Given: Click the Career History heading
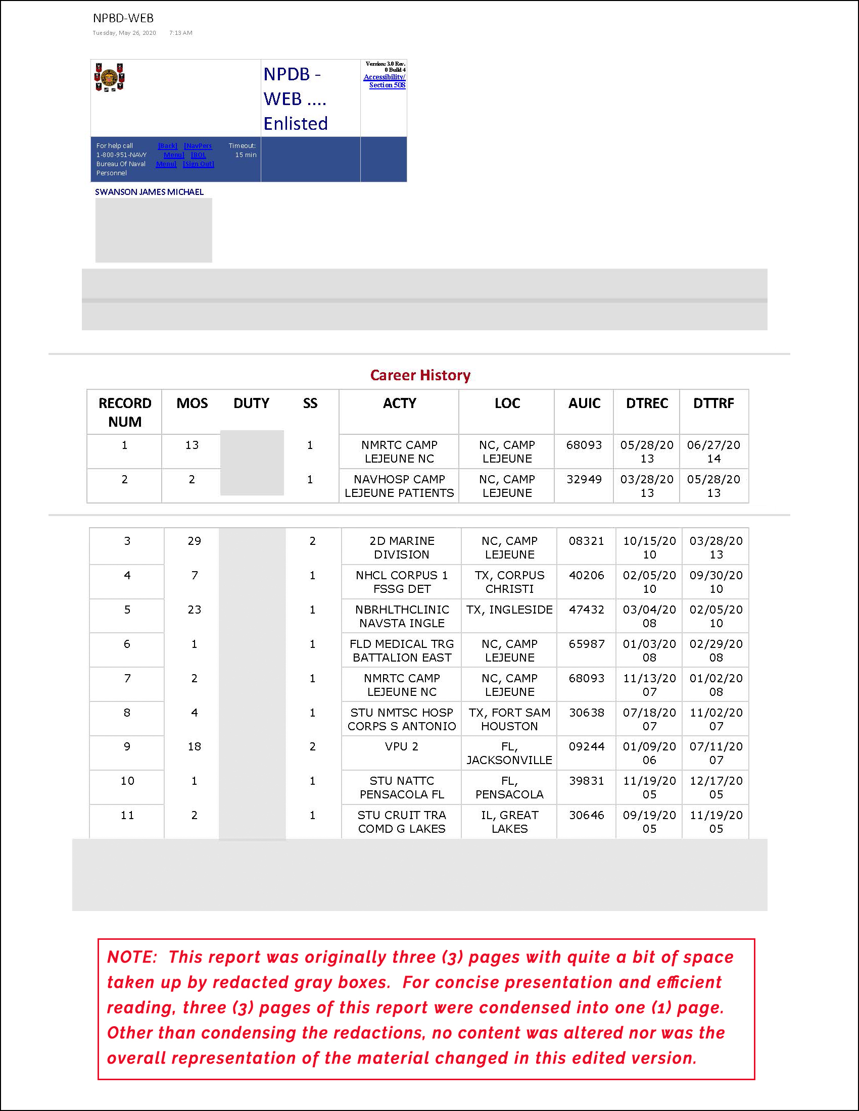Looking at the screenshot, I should pyautogui.click(x=420, y=375).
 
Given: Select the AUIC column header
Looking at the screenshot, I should pyautogui.click(x=584, y=403).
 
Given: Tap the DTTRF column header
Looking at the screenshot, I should pyautogui.click(x=713, y=403).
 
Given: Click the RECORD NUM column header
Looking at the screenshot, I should pyautogui.click(x=125, y=412).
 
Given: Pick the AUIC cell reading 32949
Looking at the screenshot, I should pyautogui.click(x=584, y=479).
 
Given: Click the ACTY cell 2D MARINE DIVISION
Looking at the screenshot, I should pyautogui.click(x=402, y=547).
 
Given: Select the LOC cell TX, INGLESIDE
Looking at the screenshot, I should pyautogui.click(x=509, y=610).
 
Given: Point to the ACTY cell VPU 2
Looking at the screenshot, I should pyautogui.click(x=402, y=746).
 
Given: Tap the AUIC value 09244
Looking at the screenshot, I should pyautogui.click(x=587, y=746).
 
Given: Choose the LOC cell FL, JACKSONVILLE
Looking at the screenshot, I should pyautogui.click(x=509, y=753).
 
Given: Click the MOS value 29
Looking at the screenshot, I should pyautogui.click(x=195, y=541).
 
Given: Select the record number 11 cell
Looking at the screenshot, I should pyautogui.click(x=127, y=815).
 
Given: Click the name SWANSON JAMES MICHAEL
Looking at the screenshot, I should pyautogui.click(x=149, y=192).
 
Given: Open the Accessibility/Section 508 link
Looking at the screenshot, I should pyautogui.click(x=385, y=81).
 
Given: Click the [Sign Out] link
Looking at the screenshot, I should pyautogui.click(x=199, y=164).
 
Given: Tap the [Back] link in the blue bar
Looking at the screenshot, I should pyautogui.click(x=167, y=145).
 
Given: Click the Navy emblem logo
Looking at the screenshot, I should pyautogui.click(x=110, y=78).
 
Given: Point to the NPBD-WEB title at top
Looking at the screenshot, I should pyautogui.click(x=123, y=18).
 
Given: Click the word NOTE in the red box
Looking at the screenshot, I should pyautogui.click(x=131, y=957).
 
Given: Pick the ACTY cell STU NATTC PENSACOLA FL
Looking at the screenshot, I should pyautogui.click(x=402, y=787).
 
